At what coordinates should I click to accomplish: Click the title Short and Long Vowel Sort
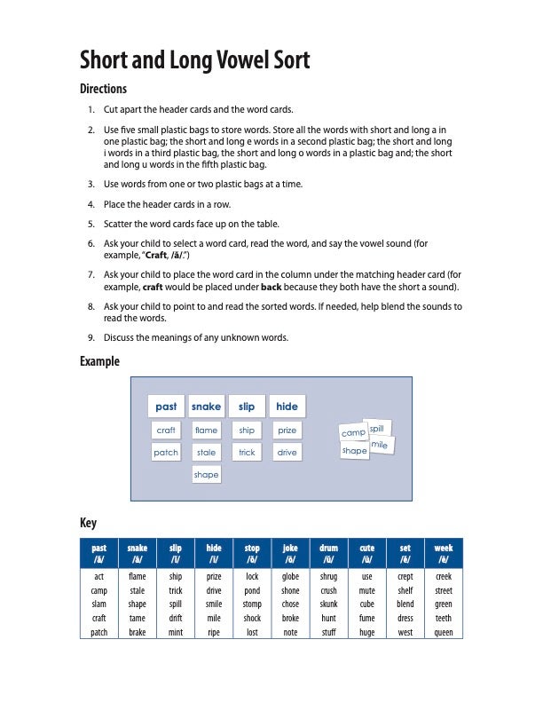tap(194, 60)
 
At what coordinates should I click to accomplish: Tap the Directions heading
tap(103, 89)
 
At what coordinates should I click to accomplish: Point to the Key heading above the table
tap(88, 523)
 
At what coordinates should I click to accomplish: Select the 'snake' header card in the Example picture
tap(206, 407)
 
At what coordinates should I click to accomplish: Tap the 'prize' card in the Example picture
tap(287, 430)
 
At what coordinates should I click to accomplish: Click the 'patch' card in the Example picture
tap(166, 453)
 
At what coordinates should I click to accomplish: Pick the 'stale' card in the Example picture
tap(206, 453)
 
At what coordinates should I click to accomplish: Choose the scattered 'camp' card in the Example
tap(353, 432)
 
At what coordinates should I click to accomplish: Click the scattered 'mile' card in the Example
tap(380, 444)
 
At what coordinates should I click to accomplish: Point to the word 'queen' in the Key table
tap(444, 633)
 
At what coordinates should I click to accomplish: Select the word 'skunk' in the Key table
tap(328, 604)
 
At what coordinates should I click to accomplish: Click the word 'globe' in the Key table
tap(290, 576)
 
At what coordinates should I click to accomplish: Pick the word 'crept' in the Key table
tap(405, 576)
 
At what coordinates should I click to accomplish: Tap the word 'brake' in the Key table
tap(138, 633)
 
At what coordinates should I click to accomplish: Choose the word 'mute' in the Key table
tap(366, 590)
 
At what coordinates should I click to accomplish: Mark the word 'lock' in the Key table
tap(252, 576)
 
